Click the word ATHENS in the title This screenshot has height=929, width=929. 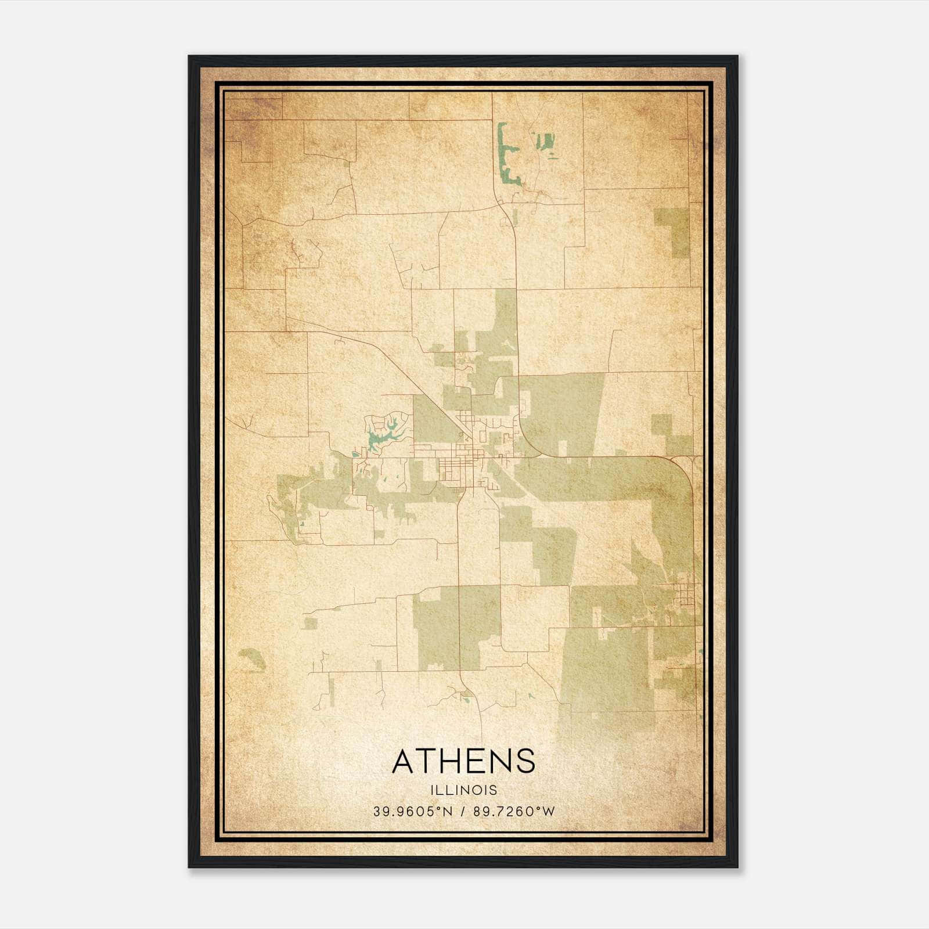pos(463,761)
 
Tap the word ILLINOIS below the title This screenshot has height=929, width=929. pos(463,790)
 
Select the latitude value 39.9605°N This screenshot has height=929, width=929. pos(413,812)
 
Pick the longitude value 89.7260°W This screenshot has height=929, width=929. pos(514,812)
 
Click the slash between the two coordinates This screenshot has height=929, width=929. pos(463,812)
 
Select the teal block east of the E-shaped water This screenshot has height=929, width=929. pos(545,142)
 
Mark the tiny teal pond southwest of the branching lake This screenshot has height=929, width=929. pos(354,455)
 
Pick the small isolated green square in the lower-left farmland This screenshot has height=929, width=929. pos(311,624)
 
